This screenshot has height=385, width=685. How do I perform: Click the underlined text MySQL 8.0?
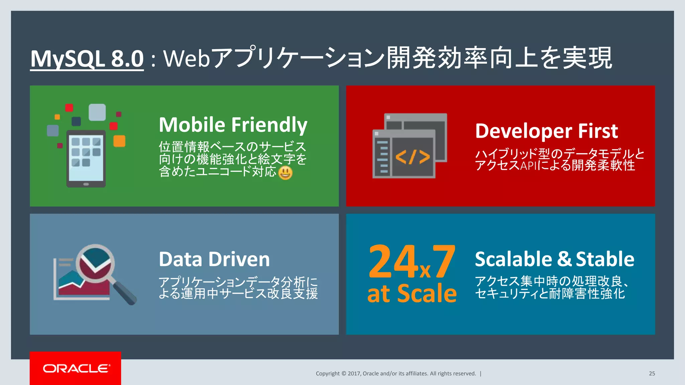87,59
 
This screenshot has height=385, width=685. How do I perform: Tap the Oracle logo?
76,368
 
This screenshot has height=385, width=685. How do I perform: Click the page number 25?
652,374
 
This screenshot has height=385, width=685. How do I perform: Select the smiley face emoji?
285,173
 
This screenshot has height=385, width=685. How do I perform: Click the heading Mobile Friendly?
233,125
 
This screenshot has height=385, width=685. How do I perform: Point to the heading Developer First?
546,131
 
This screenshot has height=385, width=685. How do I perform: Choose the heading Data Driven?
214,259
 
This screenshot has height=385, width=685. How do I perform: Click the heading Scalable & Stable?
554,259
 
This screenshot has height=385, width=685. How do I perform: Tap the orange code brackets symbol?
413,157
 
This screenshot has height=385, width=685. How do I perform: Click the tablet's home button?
86,184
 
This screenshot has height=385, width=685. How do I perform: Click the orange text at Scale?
412,293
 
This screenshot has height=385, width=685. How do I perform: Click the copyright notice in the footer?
396,374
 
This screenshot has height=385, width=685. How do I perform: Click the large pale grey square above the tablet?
97,112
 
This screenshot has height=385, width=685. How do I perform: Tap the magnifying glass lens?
95,263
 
